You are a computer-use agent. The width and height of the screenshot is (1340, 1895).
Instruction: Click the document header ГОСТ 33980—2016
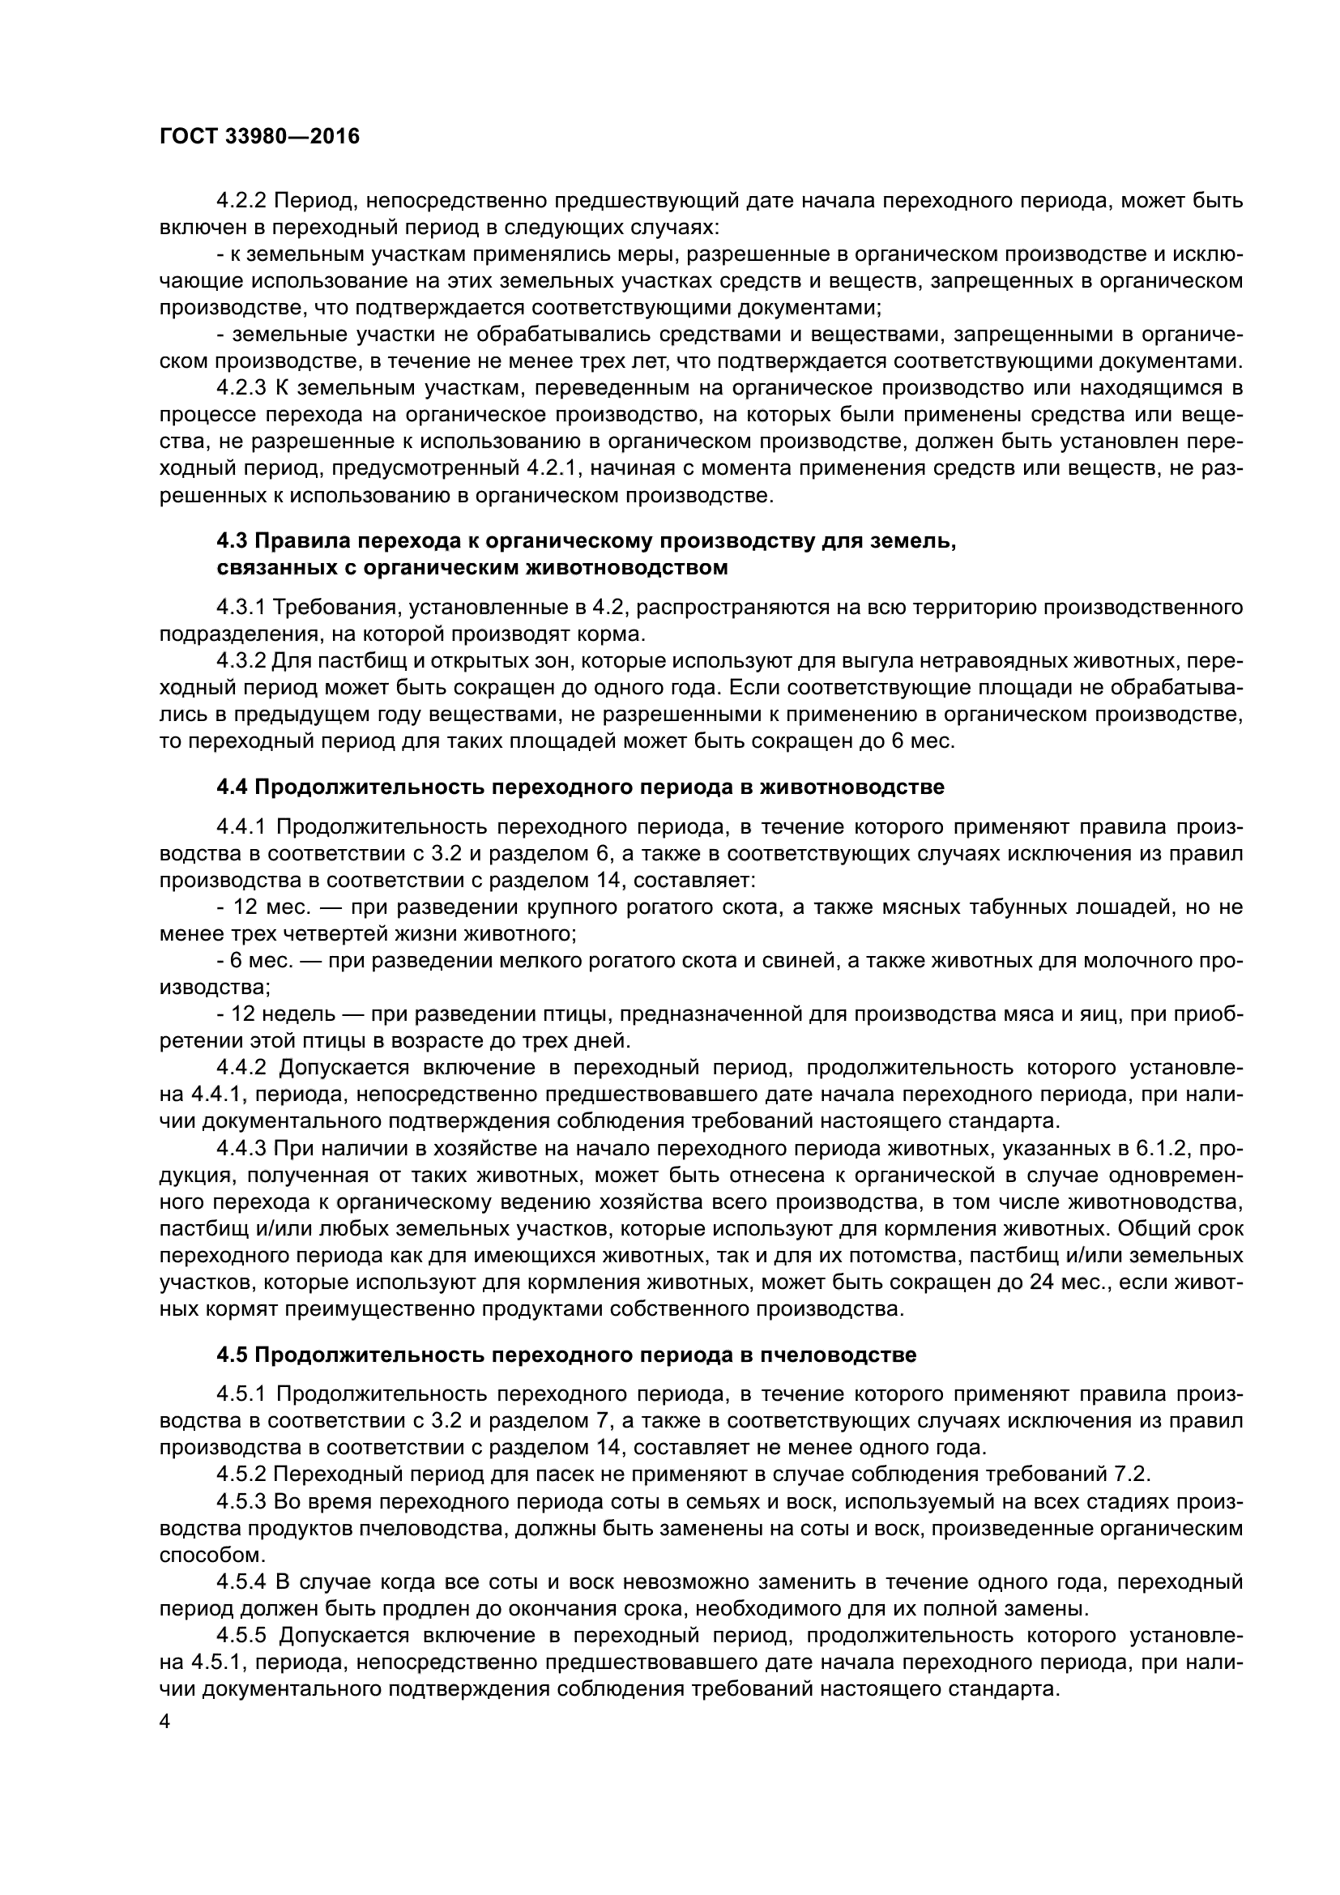(x=260, y=137)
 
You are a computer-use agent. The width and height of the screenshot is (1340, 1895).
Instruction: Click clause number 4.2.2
(x=241, y=201)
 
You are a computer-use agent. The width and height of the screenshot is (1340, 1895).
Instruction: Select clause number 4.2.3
(x=241, y=388)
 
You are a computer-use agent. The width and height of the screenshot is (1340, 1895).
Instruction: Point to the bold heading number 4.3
(x=232, y=541)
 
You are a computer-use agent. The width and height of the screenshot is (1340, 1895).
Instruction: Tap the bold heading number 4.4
(x=232, y=787)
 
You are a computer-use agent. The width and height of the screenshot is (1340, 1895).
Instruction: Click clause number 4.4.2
(x=241, y=1067)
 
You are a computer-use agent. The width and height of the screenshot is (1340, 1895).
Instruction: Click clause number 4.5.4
(x=241, y=1582)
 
